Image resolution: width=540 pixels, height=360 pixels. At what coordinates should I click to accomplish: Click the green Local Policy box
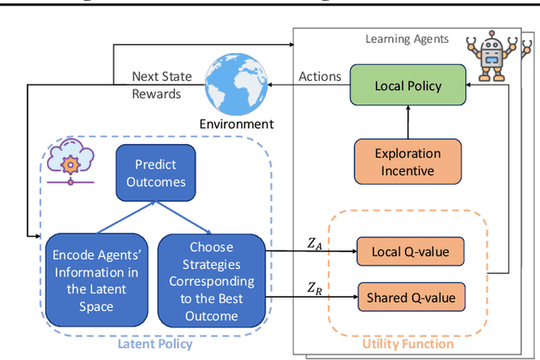[408, 85]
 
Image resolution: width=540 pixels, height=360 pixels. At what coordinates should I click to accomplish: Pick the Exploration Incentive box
[408, 161]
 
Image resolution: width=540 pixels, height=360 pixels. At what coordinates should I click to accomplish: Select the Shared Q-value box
[410, 297]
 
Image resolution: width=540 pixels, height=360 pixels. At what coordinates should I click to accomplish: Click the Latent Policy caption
[154, 343]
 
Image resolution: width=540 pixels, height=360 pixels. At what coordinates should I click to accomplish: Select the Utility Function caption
[408, 343]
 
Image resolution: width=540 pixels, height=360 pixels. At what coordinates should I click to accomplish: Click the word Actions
[320, 77]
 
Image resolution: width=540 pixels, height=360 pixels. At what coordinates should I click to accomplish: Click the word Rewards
[156, 94]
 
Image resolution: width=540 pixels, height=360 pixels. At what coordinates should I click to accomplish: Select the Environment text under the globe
[236, 124]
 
